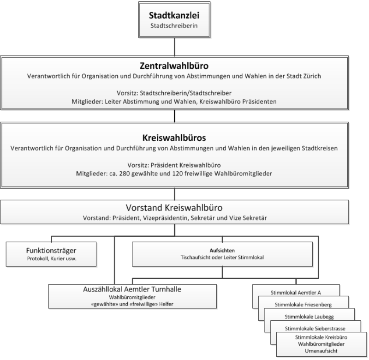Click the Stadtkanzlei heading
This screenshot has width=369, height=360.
click(x=174, y=16)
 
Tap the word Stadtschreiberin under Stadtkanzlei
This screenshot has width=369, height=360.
click(x=174, y=26)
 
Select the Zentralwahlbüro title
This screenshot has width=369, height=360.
click(x=173, y=66)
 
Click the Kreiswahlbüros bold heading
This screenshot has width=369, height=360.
click(x=173, y=138)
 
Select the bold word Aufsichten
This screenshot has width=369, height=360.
click(x=223, y=249)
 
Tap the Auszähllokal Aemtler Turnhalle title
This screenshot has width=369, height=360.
click(x=132, y=289)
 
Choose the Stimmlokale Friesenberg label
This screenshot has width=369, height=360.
click(x=303, y=305)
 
